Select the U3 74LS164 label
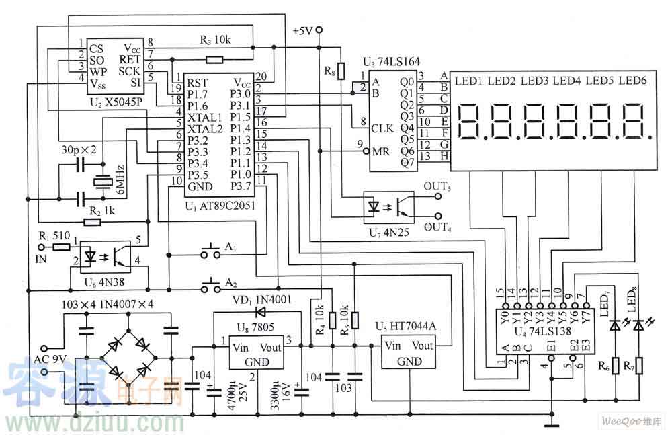click(388, 62)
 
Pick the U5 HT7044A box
click(409, 355)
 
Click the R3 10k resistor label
click(216, 40)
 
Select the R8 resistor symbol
click(341, 70)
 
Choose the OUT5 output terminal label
click(437, 186)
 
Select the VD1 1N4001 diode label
click(261, 299)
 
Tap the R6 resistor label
click(604, 366)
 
